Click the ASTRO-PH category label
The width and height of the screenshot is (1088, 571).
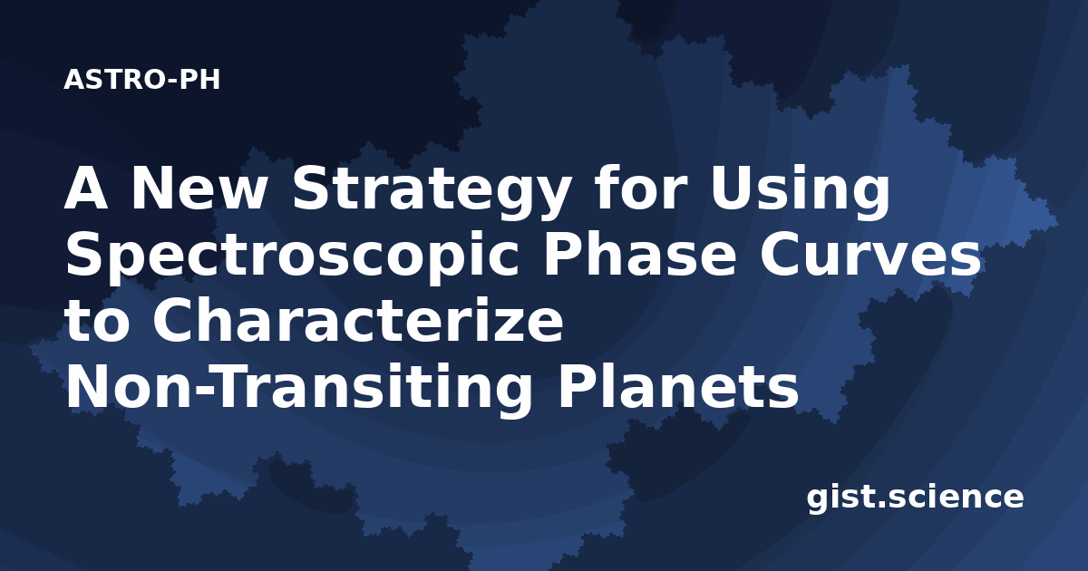pos(141,80)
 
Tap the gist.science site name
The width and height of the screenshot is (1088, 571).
pos(915,498)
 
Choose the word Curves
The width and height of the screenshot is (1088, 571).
pos(870,255)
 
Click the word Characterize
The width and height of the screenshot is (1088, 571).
pos(358,321)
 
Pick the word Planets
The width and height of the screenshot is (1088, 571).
pos(678,386)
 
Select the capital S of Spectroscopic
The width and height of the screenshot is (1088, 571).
pos(86,255)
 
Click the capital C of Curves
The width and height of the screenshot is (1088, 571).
pos(781,255)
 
